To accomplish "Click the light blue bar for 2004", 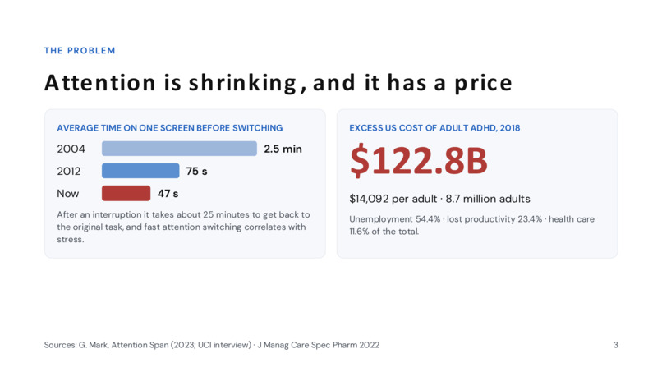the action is (x=179, y=149).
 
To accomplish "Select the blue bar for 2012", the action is (x=140, y=171).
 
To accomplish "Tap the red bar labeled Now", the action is (x=126, y=193).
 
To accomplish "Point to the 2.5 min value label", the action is (x=283, y=149).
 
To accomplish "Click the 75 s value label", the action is (x=197, y=172).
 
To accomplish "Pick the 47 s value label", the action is (x=168, y=194).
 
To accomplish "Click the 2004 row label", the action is (x=71, y=149).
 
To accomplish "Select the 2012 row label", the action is (x=69, y=172).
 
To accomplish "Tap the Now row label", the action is (x=68, y=194).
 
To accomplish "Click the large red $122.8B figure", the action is (x=418, y=161).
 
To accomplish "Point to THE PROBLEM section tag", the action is (x=80, y=51).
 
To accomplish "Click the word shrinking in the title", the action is (x=243, y=83).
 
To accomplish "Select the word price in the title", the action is (x=483, y=83).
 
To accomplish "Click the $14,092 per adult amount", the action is (x=393, y=199).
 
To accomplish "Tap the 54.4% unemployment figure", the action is (x=428, y=219).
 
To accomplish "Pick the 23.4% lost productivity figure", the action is (x=530, y=219).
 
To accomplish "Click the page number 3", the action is (x=615, y=345).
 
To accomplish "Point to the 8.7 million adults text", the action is (x=488, y=199).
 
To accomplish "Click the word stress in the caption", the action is (x=70, y=240).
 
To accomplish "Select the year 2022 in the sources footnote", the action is (x=369, y=345).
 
